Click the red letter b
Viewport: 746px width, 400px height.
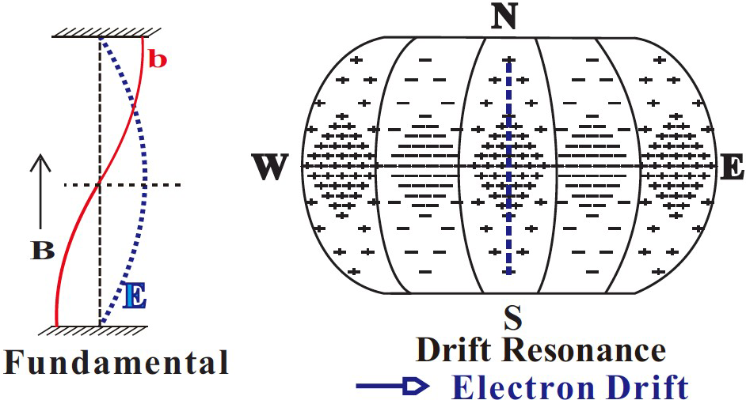point(158,59)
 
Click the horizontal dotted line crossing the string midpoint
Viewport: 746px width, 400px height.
point(158,185)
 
